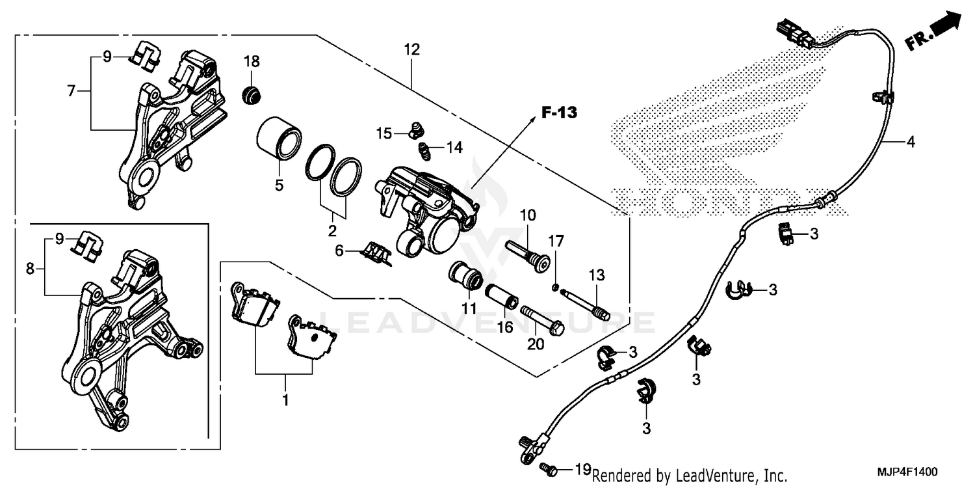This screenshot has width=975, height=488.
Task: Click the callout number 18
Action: point(252,62)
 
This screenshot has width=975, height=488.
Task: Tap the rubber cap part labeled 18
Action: point(251,95)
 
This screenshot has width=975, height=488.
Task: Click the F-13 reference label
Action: point(559,112)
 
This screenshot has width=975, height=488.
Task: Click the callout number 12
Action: point(411,49)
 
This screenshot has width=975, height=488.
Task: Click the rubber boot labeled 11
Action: point(465,276)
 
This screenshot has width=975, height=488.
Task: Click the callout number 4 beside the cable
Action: point(911,142)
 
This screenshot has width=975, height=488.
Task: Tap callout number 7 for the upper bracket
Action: point(71,91)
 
